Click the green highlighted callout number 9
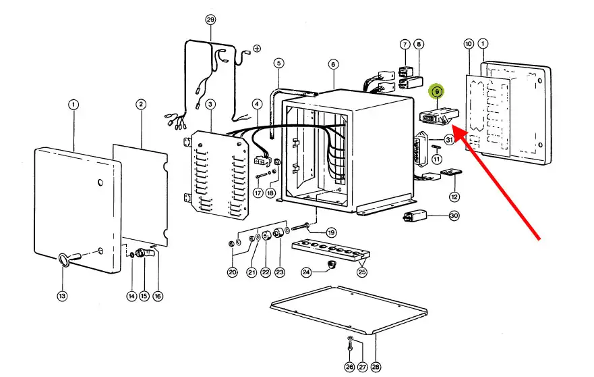click(x=437, y=91)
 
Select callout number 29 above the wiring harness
click(x=210, y=20)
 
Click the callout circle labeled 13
click(x=62, y=296)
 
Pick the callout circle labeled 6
click(x=333, y=64)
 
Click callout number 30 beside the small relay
click(x=454, y=216)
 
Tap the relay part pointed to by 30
click(x=415, y=217)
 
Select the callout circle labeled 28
click(x=376, y=367)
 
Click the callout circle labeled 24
click(x=306, y=272)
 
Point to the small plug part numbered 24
click(x=332, y=265)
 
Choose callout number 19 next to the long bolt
click(x=331, y=232)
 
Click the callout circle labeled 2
click(x=140, y=105)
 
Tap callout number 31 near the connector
click(x=449, y=140)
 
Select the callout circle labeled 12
click(x=454, y=197)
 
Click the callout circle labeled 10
click(x=469, y=44)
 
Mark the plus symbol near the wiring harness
click(x=258, y=49)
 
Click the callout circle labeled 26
click(x=349, y=367)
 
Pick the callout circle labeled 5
click(x=278, y=63)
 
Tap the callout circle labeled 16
click(x=158, y=296)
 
